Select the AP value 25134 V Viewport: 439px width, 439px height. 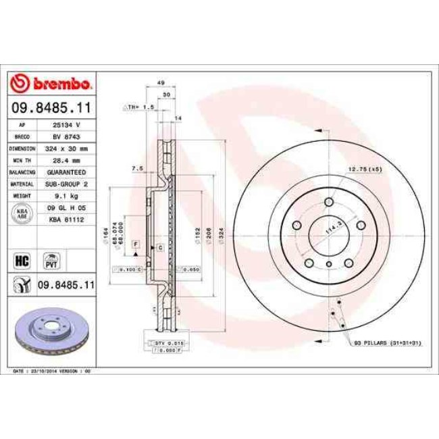click(x=67, y=126)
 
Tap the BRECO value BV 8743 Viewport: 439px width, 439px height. click(x=67, y=136)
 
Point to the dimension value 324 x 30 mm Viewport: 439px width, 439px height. click(x=67, y=148)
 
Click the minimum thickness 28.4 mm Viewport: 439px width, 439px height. click(x=67, y=160)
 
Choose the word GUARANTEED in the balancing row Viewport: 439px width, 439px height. click(x=67, y=172)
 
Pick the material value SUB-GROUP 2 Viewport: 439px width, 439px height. click(x=67, y=184)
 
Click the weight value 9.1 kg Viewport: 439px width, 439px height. click(x=67, y=196)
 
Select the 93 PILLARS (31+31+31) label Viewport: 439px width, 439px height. click(x=388, y=344)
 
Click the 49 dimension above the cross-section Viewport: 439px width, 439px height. click(x=161, y=82)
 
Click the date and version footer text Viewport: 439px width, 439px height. click(x=52, y=371)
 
